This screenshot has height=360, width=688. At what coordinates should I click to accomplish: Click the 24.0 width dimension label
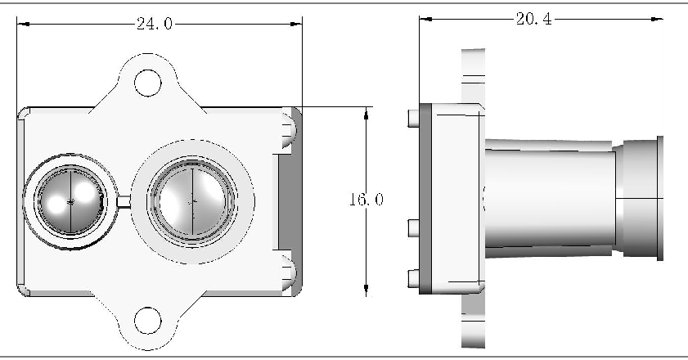tap(155, 24)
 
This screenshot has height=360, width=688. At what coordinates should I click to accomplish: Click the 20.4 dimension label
tap(534, 20)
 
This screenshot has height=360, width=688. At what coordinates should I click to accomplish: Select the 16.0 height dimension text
tap(366, 200)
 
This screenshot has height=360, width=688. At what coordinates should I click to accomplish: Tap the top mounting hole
tap(147, 83)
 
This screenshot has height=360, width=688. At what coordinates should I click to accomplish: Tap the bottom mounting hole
tap(147, 321)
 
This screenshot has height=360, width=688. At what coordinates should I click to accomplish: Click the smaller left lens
tap(70, 201)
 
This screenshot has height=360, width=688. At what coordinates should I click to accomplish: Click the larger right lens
tap(192, 201)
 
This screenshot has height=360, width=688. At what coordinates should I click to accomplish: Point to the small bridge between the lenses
tap(124, 201)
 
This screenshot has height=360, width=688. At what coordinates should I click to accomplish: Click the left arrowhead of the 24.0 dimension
tap(23, 25)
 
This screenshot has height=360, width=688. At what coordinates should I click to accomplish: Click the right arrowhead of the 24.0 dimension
tap(296, 25)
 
